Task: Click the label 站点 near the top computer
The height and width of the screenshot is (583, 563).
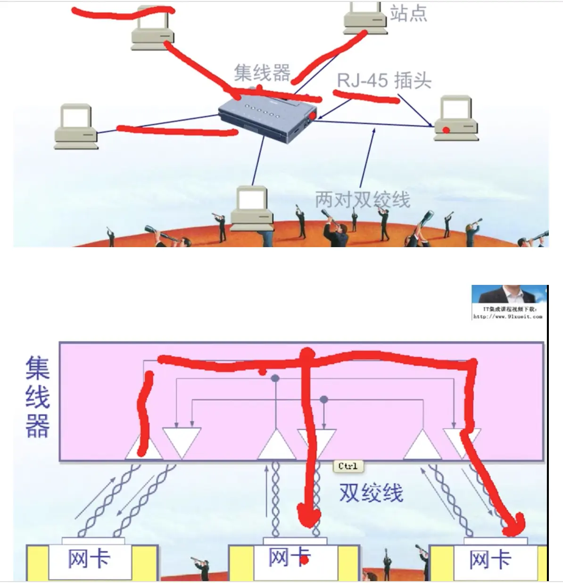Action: click(x=408, y=14)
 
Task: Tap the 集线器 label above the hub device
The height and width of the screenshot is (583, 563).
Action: click(x=262, y=73)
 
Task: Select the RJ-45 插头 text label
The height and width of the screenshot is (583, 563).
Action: click(x=384, y=81)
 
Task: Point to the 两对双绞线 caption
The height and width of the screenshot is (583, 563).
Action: click(x=362, y=200)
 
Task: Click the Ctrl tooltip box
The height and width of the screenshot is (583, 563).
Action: click(x=348, y=466)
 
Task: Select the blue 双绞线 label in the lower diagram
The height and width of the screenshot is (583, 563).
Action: click(x=371, y=493)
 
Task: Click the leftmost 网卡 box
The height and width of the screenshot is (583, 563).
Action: click(x=90, y=560)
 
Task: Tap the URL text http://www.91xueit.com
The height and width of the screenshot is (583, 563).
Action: click(x=508, y=316)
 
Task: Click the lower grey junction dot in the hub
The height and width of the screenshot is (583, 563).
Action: click(x=323, y=400)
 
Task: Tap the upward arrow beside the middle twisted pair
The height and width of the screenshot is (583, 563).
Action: click(x=267, y=491)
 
